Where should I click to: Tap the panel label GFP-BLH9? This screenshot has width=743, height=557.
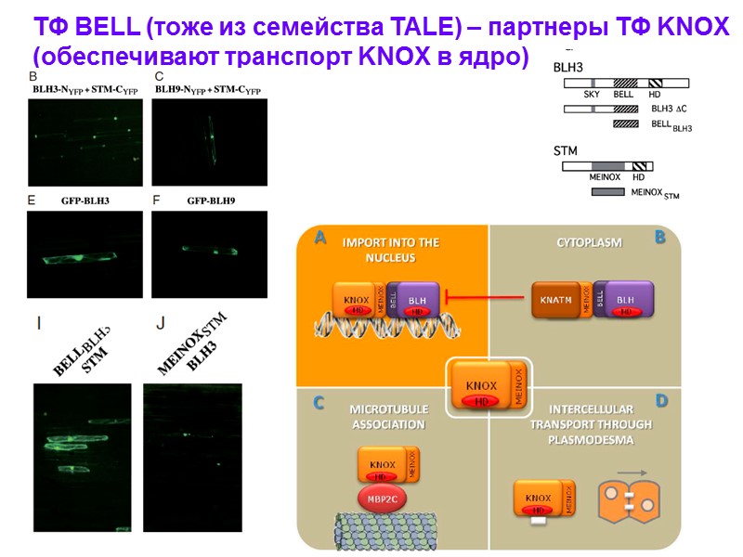pyautogui.click(x=209, y=201)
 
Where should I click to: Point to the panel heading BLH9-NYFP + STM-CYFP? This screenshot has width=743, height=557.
pyautogui.click(x=207, y=91)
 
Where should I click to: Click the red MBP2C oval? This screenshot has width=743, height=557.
pyautogui.click(x=383, y=498)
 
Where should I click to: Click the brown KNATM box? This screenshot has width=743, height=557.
pyautogui.click(x=556, y=301)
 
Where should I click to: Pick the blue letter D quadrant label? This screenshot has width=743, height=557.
pyautogui.click(x=661, y=402)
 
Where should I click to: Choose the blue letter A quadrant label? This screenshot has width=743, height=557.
pyautogui.click(x=319, y=238)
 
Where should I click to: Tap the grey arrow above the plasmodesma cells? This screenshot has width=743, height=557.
pyautogui.click(x=632, y=473)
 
